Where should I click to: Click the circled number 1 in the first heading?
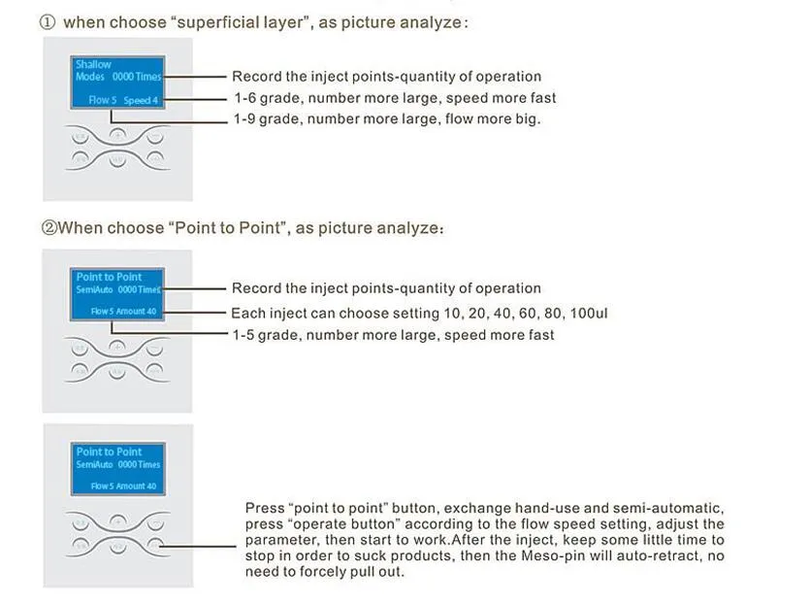[47, 22]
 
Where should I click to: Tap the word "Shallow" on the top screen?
[93, 64]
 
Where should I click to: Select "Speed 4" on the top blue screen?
[141, 100]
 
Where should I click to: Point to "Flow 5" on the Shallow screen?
[102, 100]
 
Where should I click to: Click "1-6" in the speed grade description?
[244, 98]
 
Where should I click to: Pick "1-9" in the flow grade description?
[243, 119]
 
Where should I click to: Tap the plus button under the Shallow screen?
[117, 136]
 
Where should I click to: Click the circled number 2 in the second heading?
[49, 227]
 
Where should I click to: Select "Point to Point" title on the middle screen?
[109, 277]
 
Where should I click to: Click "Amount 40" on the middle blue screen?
[136, 312]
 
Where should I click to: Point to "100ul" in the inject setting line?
[589, 314]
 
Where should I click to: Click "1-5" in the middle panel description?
[243, 335]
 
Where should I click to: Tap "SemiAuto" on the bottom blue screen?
[94, 464]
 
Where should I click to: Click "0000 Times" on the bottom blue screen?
[139, 464]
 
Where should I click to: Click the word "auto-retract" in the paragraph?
[654, 556]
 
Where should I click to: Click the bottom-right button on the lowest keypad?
[155, 545]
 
